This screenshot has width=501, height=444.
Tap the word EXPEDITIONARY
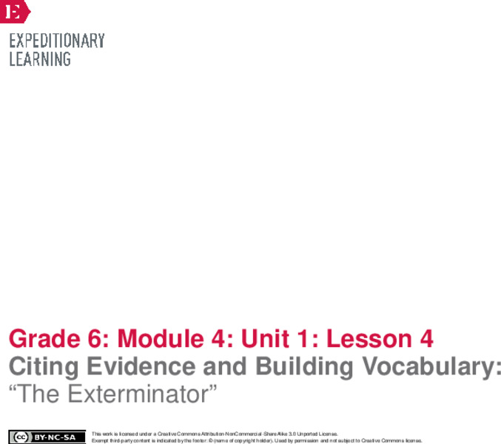click(x=57, y=41)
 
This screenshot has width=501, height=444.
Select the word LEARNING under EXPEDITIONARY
click(x=40, y=59)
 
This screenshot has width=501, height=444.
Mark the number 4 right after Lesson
click(x=426, y=340)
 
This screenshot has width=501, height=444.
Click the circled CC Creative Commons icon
click(x=19, y=437)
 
